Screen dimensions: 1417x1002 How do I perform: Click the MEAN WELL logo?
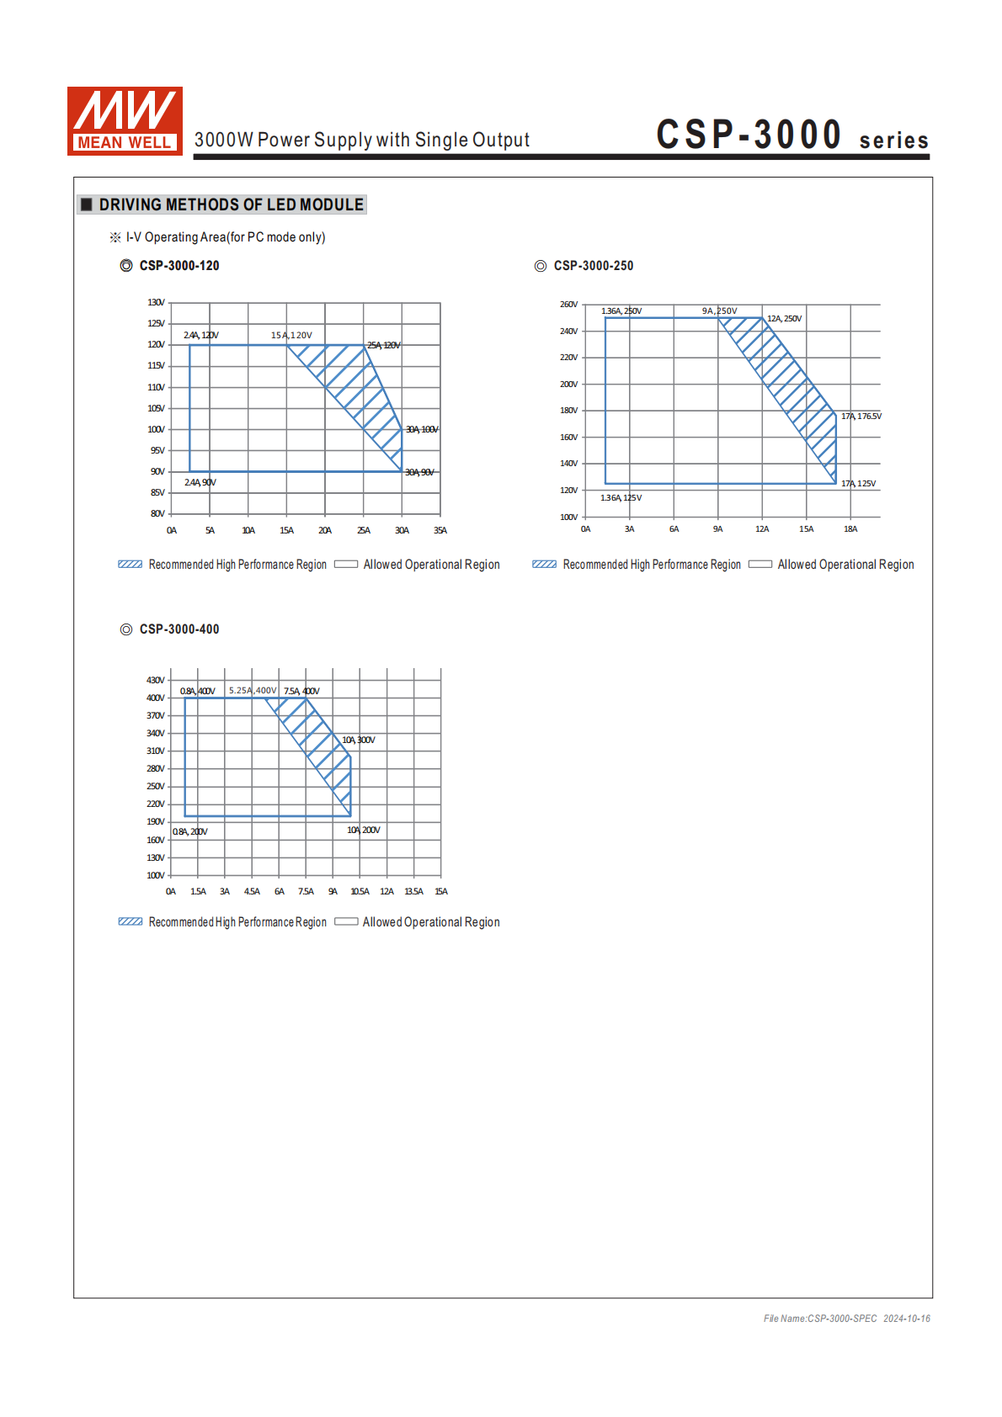125,121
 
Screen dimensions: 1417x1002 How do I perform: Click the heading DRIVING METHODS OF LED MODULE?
231,204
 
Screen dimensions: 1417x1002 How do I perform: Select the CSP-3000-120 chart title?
179,266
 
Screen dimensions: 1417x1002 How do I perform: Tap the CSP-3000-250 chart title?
593,266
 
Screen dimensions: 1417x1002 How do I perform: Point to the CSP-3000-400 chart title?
179,629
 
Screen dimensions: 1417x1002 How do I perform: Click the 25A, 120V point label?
384,345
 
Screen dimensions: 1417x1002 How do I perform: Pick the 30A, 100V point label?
422,429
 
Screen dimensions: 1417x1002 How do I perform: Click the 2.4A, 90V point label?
200,482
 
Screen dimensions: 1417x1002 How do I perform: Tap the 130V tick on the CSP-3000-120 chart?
156,302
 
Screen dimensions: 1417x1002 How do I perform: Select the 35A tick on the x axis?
440,530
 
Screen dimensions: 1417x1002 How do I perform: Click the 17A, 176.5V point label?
861,416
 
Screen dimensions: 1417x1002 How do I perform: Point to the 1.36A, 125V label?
621,498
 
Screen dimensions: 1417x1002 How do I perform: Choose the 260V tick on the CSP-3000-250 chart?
569,304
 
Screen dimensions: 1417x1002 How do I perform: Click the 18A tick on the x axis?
850,529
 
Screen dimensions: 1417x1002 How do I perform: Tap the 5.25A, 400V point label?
253,690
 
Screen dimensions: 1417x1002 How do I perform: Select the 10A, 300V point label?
359,740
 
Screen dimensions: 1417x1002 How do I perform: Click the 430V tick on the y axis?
156,680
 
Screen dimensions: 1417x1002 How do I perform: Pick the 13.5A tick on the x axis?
413,891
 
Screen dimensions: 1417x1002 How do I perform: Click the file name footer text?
846,1319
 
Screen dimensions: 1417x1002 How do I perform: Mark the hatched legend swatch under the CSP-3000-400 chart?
131,921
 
